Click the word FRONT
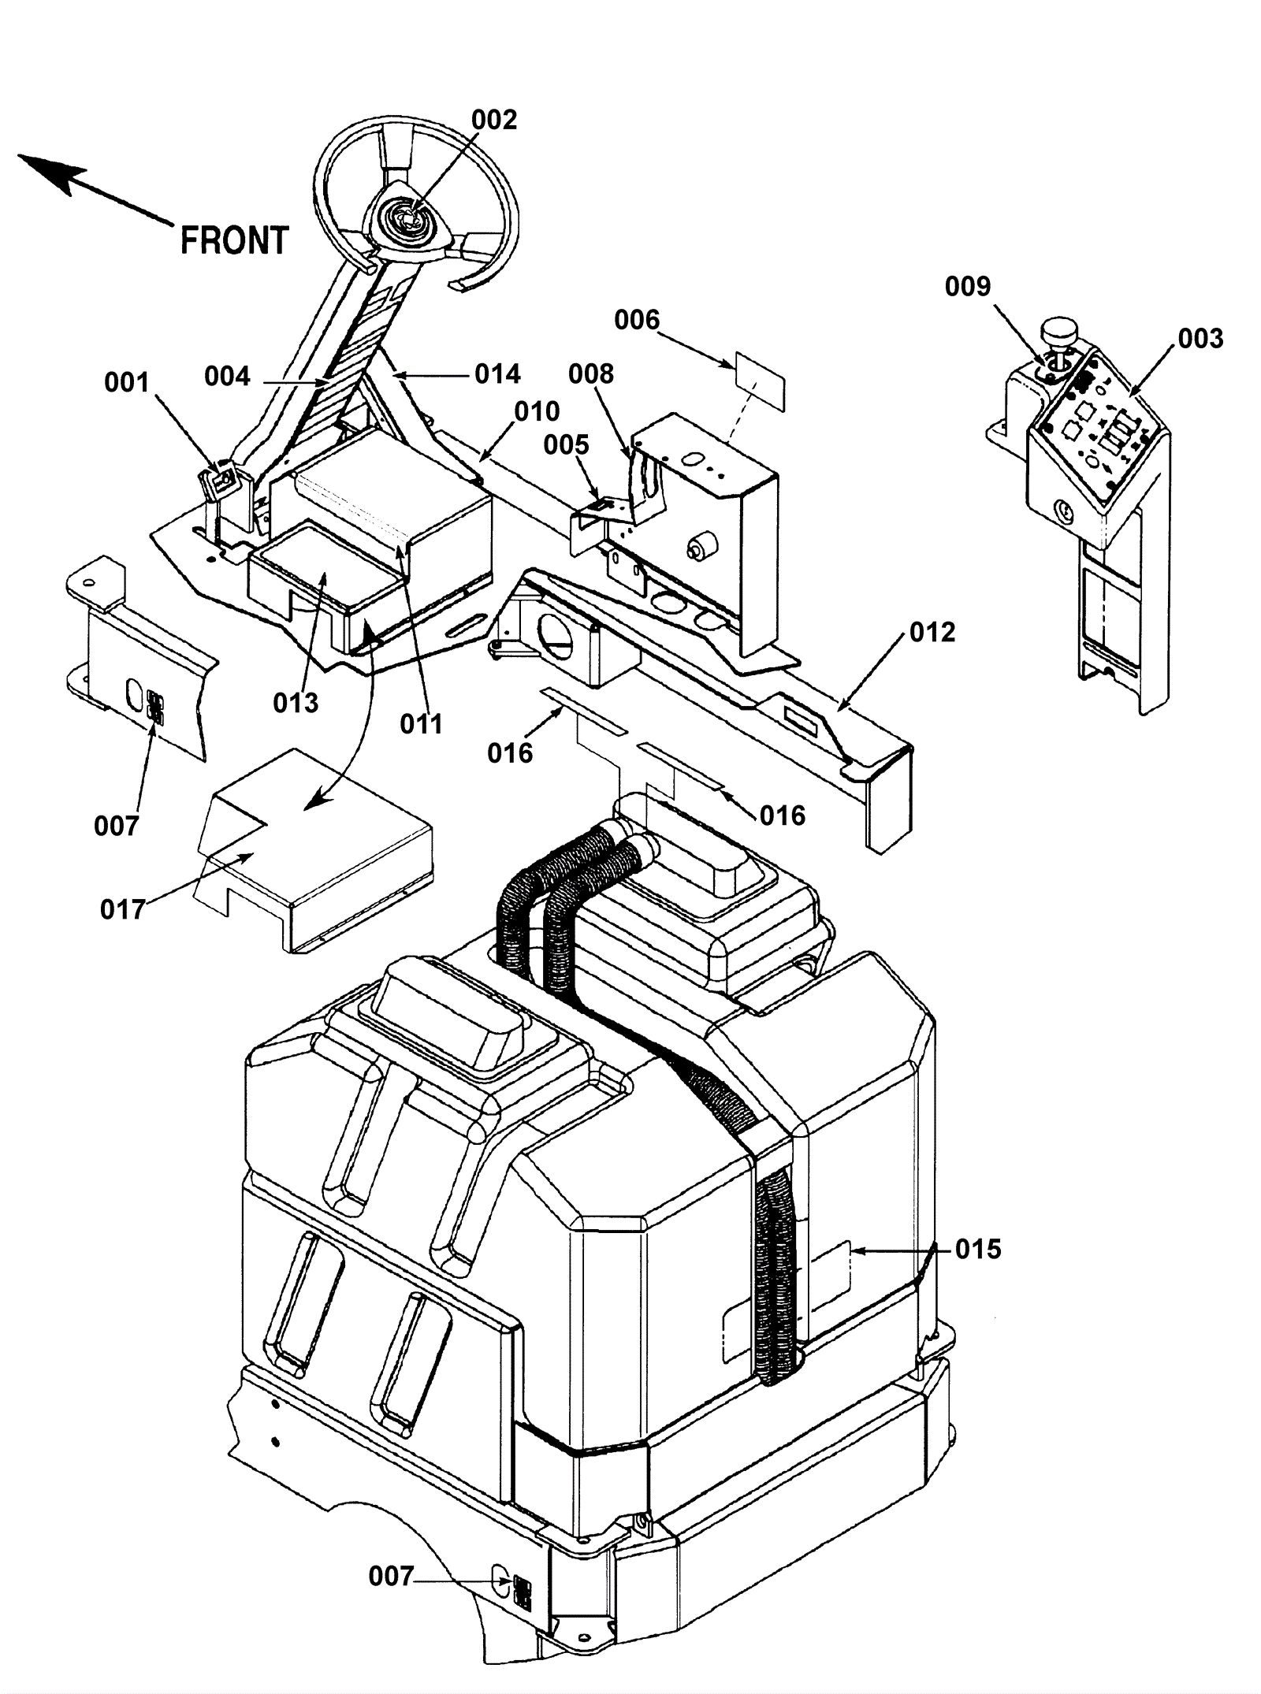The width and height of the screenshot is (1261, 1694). click(235, 240)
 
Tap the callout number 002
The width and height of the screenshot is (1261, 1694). click(494, 120)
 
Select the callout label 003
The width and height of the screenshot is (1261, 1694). click(1200, 339)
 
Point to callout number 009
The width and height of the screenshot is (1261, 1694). click(968, 286)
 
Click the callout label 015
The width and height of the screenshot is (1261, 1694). click(978, 1249)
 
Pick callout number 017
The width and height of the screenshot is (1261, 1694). click(123, 910)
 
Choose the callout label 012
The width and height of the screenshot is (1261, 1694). click(932, 632)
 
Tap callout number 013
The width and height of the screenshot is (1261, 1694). click(296, 703)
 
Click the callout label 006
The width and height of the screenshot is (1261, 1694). click(637, 320)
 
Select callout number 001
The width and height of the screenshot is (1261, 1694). click(127, 383)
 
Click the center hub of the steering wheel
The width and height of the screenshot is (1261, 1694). click(408, 215)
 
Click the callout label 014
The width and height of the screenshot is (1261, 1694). click(498, 373)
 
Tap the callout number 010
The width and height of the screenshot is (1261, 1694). click(537, 411)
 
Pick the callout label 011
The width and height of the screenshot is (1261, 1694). click(422, 724)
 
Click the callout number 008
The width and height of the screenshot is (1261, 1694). click(591, 373)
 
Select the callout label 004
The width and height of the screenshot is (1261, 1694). click(227, 377)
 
